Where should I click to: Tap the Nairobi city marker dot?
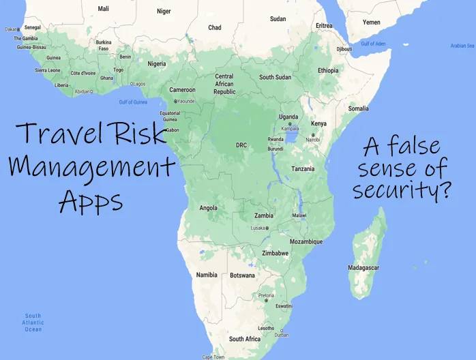[312, 135]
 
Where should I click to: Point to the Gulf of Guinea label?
[133, 102]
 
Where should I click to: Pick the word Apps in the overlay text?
[91, 200]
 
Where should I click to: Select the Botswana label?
[242, 275]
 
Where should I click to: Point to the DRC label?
[241, 145]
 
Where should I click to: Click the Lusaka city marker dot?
[267, 228]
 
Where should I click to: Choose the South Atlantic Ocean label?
[33, 322]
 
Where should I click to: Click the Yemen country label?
[371, 22]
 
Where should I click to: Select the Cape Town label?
[213, 357]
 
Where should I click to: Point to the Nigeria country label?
[157, 64]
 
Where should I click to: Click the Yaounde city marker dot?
[175, 101]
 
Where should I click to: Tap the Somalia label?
[358, 108]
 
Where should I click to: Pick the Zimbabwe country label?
[275, 253]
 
